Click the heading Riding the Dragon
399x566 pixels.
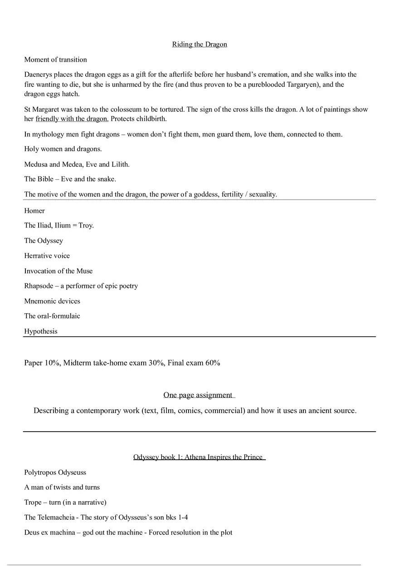point(199,44)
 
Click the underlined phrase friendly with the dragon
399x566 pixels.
point(72,119)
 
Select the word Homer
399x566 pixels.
point(34,211)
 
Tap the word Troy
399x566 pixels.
point(86,226)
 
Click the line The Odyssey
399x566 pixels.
point(44,241)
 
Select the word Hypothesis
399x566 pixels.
point(41,331)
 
